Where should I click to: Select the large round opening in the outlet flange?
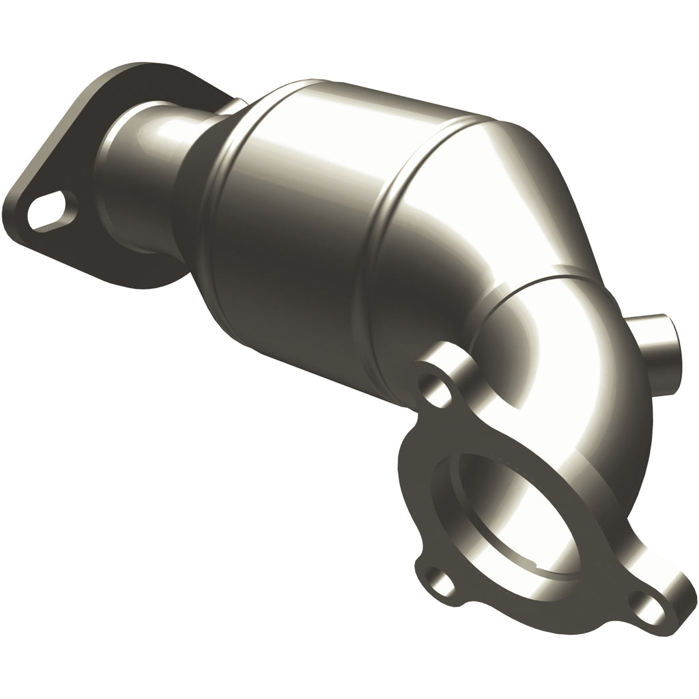click(519, 519)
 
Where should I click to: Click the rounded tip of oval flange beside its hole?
click(20, 212)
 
